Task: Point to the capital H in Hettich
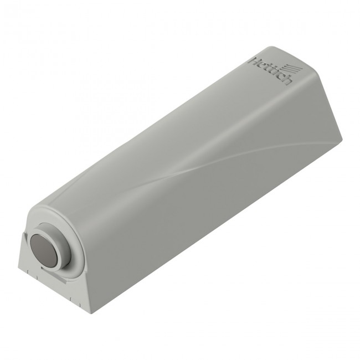pos(253,62)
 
